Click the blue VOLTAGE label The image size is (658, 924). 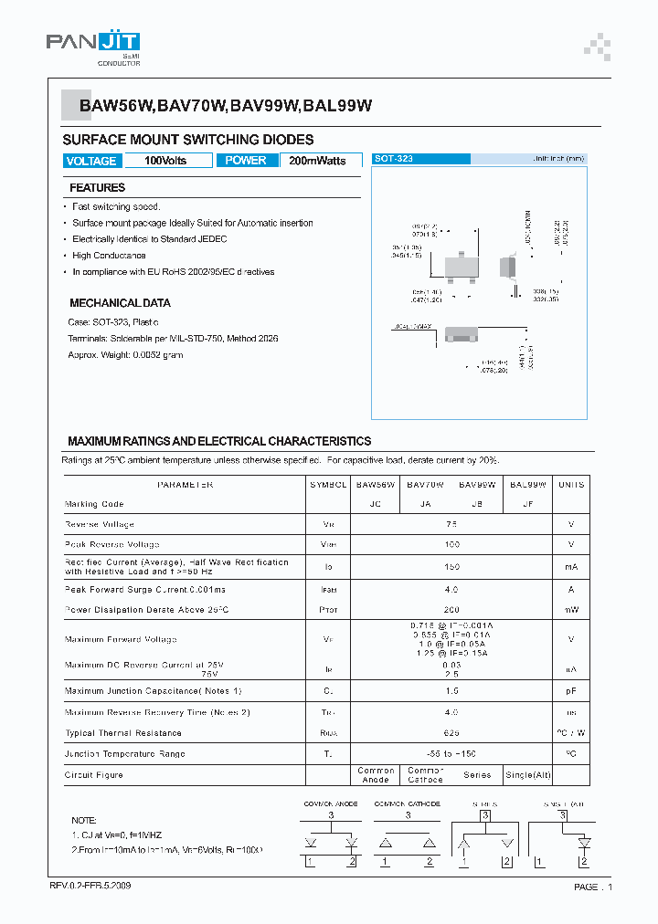pyautogui.click(x=91, y=161)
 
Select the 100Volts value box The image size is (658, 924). pyautogui.click(x=165, y=161)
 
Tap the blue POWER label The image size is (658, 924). pyautogui.click(x=246, y=161)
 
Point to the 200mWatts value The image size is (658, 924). pyautogui.click(x=317, y=161)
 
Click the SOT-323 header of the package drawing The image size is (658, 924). pyautogui.click(x=394, y=159)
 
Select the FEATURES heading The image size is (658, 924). pyautogui.click(x=98, y=188)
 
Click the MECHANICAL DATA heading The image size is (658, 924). pyautogui.click(x=120, y=302)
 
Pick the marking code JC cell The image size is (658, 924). pyautogui.click(x=375, y=504)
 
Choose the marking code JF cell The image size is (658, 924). pyautogui.click(x=528, y=504)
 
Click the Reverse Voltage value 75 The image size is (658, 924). pyautogui.click(x=451, y=524)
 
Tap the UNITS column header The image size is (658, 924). pyautogui.click(x=571, y=485)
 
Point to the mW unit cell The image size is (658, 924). pyautogui.click(x=571, y=608)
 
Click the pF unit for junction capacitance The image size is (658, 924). pyautogui.click(x=571, y=691)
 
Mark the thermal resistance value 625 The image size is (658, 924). pyautogui.click(x=451, y=733)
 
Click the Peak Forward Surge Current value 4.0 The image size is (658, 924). pyautogui.click(x=451, y=589)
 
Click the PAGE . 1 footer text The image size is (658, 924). pyautogui.click(x=593, y=887)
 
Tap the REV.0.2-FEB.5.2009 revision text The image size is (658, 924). pyautogui.click(x=96, y=887)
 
